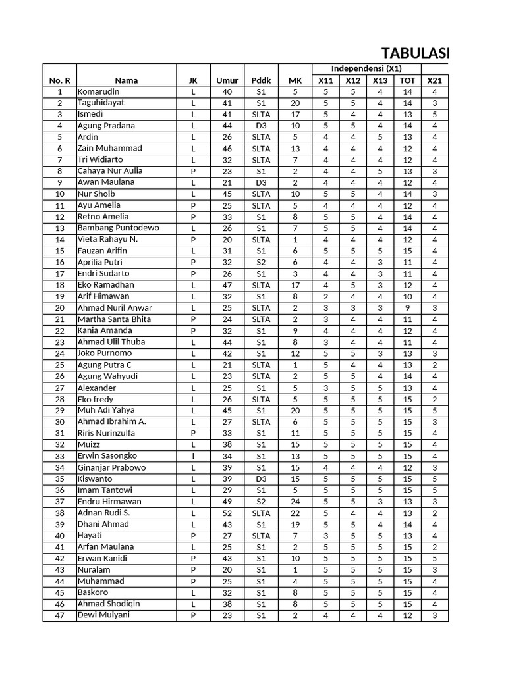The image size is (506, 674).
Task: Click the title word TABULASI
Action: click(x=415, y=53)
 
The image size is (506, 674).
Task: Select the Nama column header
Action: click(x=126, y=80)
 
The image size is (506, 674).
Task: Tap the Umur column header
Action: click(x=227, y=80)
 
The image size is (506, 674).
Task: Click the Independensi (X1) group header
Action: click(x=366, y=68)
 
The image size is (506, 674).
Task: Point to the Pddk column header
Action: click(x=261, y=80)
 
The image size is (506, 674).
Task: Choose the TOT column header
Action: click(x=407, y=80)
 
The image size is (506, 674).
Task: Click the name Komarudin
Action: click(x=99, y=92)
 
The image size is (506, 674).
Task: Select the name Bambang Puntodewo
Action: click(x=118, y=228)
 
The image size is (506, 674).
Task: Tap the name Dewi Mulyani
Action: click(x=103, y=615)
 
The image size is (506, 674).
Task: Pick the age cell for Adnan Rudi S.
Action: click(x=227, y=513)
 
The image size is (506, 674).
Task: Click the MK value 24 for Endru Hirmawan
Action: click(x=295, y=502)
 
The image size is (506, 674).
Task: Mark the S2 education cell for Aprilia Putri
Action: click(x=261, y=262)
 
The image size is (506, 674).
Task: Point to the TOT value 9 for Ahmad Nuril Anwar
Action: click(x=407, y=307)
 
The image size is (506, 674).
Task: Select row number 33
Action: click(x=60, y=456)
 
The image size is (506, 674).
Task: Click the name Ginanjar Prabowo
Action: click(x=112, y=467)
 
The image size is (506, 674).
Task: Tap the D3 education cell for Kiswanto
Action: click(x=261, y=479)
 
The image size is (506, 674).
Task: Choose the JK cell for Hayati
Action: click(x=193, y=536)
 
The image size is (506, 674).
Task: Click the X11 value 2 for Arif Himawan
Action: click(x=325, y=296)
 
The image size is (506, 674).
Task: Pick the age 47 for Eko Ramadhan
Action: click(x=227, y=285)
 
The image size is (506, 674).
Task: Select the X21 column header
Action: click(x=434, y=80)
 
